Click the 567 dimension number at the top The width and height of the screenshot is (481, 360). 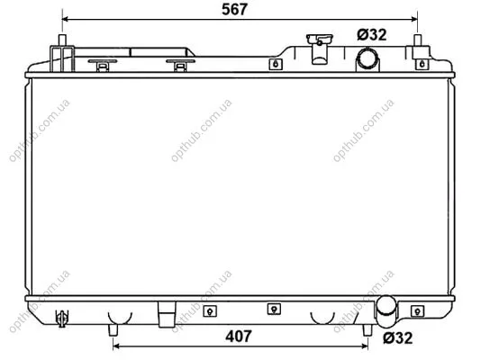(x=234, y=9)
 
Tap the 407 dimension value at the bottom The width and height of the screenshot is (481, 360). (x=239, y=337)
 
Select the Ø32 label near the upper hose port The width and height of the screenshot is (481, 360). (x=372, y=35)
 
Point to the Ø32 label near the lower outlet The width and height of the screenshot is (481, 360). (x=398, y=338)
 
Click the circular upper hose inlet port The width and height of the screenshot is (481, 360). (x=368, y=58)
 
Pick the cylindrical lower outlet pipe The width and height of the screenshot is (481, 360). (x=386, y=310)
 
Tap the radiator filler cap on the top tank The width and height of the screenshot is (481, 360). (x=320, y=49)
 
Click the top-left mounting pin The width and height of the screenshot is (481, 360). (x=62, y=40)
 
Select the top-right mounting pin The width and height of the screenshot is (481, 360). (x=418, y=40)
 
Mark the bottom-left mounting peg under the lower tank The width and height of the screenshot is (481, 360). (x=113, y=330)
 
